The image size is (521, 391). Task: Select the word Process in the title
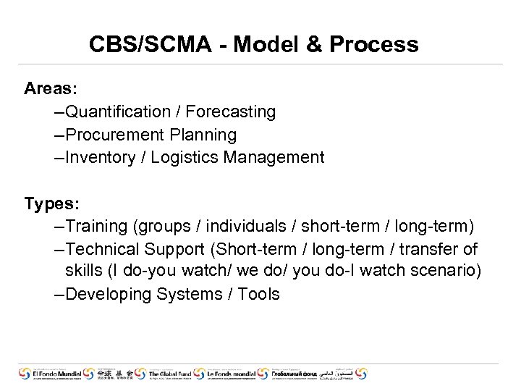point(373,45)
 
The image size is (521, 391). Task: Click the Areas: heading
point(51,89)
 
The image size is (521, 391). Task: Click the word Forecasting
point(231,112)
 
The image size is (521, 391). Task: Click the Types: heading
point(51,203)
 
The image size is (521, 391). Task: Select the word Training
point(96,227)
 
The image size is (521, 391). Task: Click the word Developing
point(110,295)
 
